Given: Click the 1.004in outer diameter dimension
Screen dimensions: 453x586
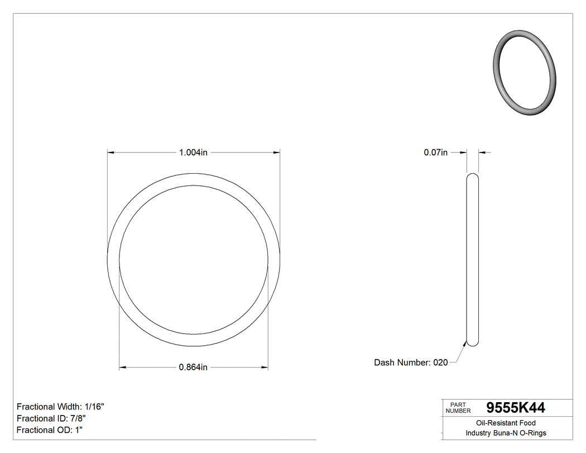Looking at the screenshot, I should (x=193, y=152).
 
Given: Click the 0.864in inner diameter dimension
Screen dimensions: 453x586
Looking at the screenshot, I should (x=193, y=367).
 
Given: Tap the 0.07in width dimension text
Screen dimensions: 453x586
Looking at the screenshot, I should (x=436, y=152).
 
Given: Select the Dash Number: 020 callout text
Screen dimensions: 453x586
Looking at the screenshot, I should (x=411, y=363).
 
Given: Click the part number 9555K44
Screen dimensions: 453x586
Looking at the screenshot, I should (x=516, y=408).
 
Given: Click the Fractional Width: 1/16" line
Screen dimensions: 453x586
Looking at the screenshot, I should (x=60, y=407).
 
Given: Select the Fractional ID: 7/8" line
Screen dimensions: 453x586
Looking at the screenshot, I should (x=51, y=418).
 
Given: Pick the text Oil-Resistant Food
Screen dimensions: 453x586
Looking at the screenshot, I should (x=506, y=423).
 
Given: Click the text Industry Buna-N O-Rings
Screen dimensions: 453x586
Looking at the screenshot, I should (x=506, y=433).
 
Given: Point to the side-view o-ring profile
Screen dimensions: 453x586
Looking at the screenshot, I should (x=472, y=260).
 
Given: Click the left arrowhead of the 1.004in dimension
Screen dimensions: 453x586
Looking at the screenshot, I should (x=111, y=152).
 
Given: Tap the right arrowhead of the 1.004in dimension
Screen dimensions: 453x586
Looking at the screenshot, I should (x=276, y=152).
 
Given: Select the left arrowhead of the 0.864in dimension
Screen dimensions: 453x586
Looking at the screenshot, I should (x=123, y=367).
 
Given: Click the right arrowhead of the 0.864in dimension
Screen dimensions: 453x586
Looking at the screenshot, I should (x=265, y=367).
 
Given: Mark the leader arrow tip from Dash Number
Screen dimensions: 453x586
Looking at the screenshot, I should (x=466, y=342).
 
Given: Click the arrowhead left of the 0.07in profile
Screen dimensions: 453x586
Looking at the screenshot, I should (x=463, y=152).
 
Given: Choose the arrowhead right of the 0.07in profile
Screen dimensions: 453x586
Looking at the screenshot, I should (x=482, y=152).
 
